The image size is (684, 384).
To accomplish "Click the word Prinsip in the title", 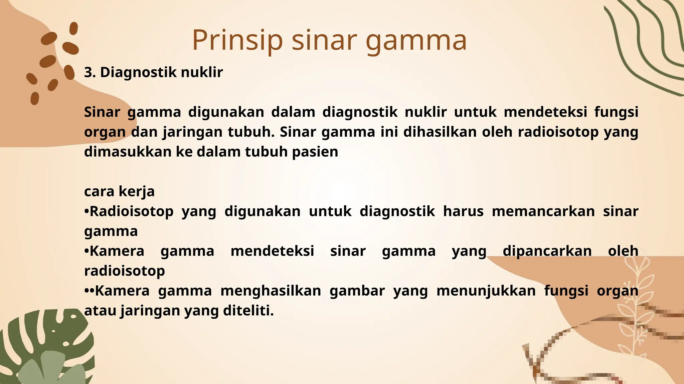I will pyautogui.click(x=237, y=40).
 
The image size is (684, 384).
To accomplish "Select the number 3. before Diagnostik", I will pyautogui.click(x=90, y=72).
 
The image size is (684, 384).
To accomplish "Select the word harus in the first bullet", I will pyautogui.click(x=463, y=211).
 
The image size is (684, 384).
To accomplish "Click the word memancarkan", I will pyautogui.click(x=543, y=211).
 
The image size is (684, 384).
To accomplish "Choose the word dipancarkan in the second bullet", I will pyautogui.click(x=547, y=251).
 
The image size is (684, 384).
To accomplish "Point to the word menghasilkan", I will pyautogui.click(x=271, y=291).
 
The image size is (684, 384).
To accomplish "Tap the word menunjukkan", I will pyautogui.click(x=486, y=291).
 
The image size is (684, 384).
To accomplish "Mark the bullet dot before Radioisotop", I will pyautogui.click(x=87, y=212).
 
